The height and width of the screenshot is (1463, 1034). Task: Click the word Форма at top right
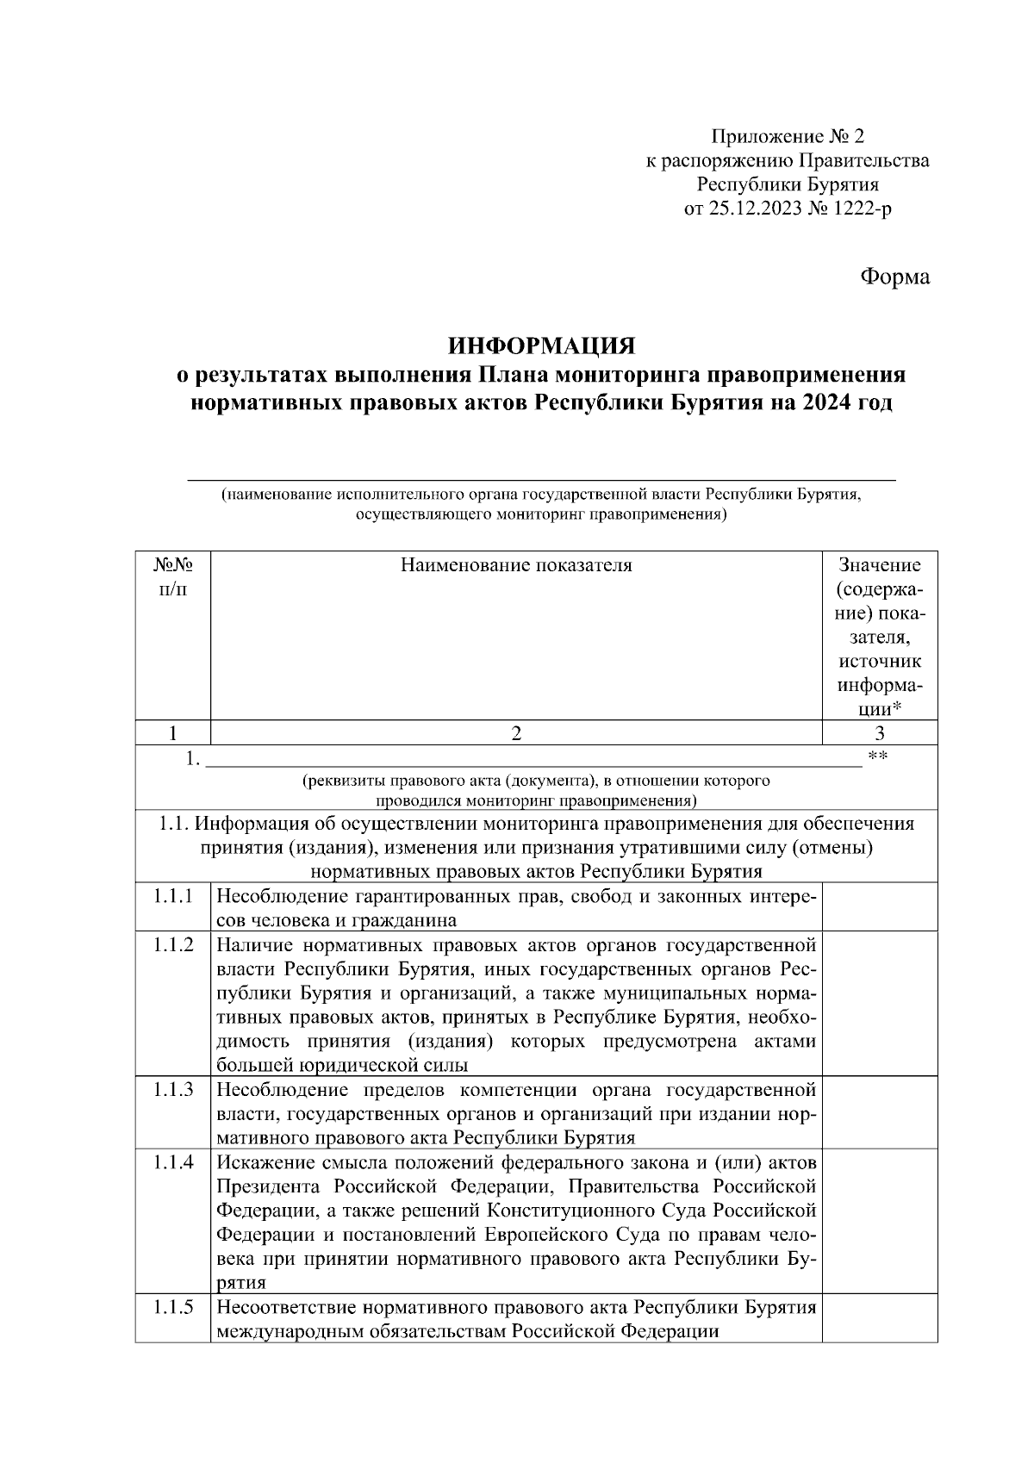point(895,277)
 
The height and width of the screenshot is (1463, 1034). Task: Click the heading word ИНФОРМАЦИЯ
point(541,346)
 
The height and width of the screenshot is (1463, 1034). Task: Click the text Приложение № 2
point(787,136)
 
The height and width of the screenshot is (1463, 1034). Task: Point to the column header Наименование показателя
point(516,565)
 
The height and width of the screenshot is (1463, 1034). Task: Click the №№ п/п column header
point(172,576)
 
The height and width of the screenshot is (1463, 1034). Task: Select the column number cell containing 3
point(879,733)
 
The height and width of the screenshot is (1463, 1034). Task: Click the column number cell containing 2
point(516,733)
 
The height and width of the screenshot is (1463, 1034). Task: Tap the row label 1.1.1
point(173,896)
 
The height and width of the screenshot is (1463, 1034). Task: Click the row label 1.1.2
point(173,944)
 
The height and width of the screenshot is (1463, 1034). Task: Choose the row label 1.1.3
point(173,1089)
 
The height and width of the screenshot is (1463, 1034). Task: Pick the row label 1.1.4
point(173,1161)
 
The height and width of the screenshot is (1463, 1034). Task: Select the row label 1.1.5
point(173,1307)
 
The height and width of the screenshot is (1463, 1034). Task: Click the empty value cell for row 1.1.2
point(879,1003)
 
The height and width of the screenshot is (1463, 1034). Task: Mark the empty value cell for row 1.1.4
point(879,1221)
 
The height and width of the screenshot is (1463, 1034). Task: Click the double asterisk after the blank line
point(878,757)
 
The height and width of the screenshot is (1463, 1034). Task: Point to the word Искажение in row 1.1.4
point(264,1162)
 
